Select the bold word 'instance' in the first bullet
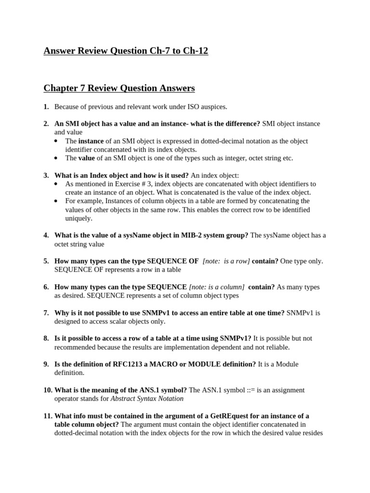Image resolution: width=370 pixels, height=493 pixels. coord(91,141)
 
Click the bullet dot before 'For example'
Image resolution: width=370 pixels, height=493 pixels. coord(56,201)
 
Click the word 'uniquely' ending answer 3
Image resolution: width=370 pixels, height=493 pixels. coord(79,218)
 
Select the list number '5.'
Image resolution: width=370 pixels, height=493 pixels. coord(46,261)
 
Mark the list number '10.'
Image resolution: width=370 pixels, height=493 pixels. coord(48,390)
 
